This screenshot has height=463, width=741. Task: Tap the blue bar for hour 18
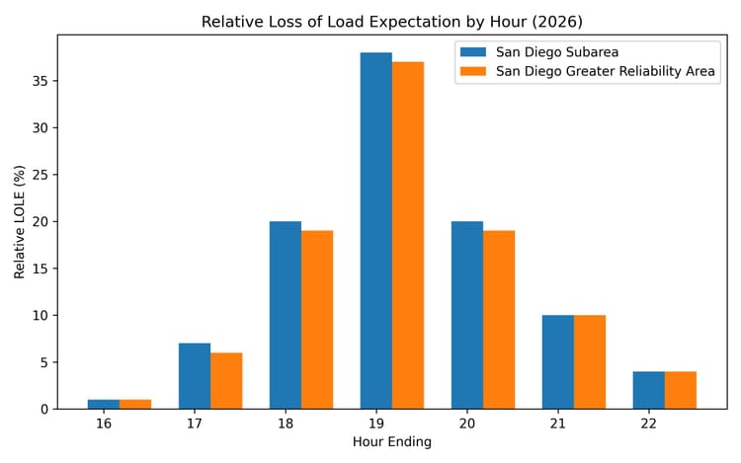[x=286, y=315]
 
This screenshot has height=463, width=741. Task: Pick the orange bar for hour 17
[x=226, y=380]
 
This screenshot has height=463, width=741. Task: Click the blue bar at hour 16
[x=104, y=404]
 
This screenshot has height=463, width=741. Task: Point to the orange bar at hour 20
[x=499, y=319]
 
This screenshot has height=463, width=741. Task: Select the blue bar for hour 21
[x=558, y=361]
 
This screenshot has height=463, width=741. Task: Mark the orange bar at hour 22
[x=681, y=390]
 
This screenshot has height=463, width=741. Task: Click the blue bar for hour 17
[x=195, y=376]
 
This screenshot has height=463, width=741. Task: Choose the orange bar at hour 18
[x=317, y=319]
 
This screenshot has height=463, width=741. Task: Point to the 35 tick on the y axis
[x=41, y=81]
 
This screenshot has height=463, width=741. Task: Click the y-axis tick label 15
[x=41, y=269]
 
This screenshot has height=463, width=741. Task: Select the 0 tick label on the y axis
[x=44, y=409]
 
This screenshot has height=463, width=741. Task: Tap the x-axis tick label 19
[x=392, y=423]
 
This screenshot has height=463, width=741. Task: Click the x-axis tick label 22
[x=665, y=423]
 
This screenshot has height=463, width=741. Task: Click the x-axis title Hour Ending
[x=392, y=442]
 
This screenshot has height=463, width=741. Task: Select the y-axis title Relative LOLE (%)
[x=21, y=222]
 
